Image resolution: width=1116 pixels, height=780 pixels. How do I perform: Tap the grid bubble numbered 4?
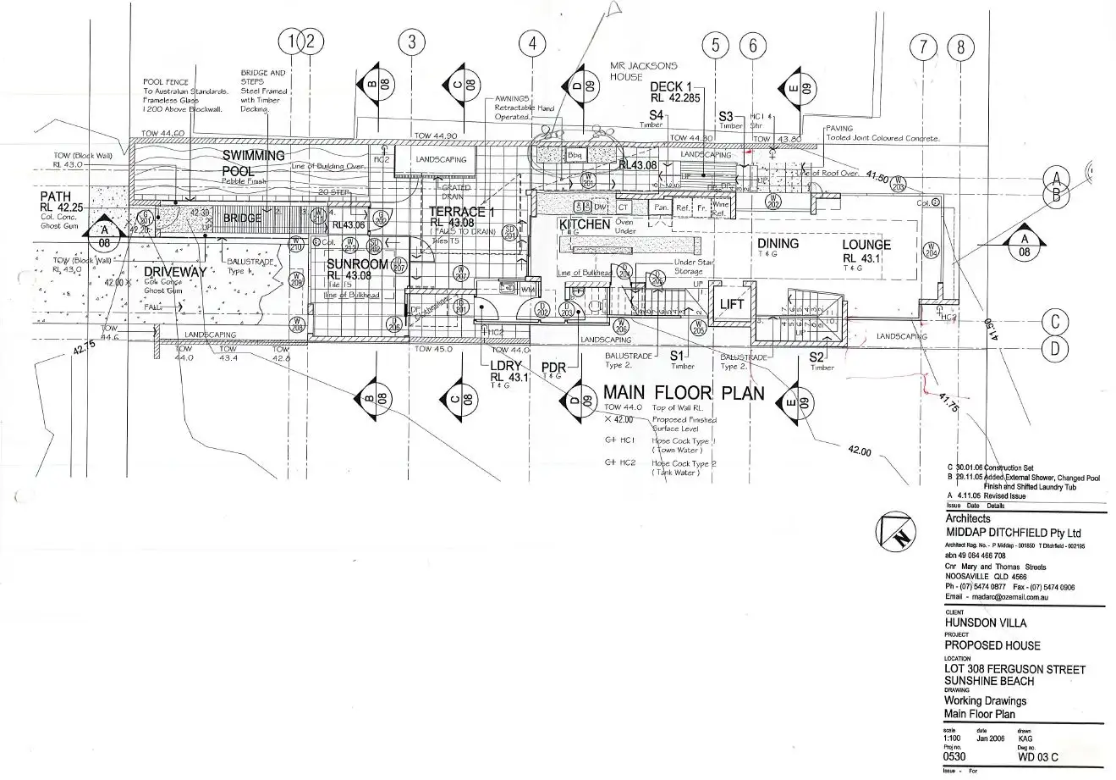click(x=532, y=44)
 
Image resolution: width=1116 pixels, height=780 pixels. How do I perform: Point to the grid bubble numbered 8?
click(x=959, y=47)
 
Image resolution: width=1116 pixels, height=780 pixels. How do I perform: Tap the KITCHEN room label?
click(x=584, y=224)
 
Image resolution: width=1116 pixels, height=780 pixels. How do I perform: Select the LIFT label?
click(x=731, y=305)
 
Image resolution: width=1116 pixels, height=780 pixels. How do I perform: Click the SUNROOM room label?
click(x=357, y=264)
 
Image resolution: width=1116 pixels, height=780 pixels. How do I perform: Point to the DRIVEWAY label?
click(x=174, y=272)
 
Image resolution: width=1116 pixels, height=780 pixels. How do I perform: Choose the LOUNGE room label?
click(x=866, y=246)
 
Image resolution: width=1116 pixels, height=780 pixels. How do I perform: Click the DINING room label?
click(x=778, y=244)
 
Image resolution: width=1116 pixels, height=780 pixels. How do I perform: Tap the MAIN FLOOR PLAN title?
click(x=683, y=393)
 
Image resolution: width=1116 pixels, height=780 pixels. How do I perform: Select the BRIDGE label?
click(x=242, y=219)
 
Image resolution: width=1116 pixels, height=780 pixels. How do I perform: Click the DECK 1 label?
click(x=671, y=87)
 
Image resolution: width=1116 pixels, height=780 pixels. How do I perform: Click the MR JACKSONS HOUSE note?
click(x=637, y=70)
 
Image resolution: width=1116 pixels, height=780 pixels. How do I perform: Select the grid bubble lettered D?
click(x=1055, y=346)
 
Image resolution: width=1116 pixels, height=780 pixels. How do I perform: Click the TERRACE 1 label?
click(x=461, y=212)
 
